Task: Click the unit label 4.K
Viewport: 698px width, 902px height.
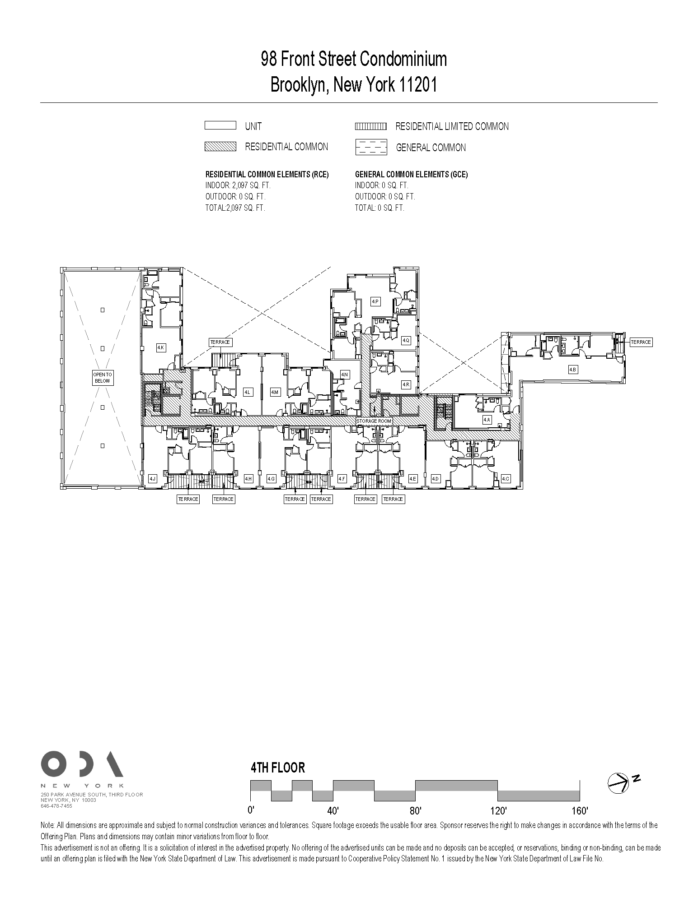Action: (161, 347)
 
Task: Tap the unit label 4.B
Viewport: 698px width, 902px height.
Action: (572, 370)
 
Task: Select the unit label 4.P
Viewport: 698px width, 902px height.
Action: (375, 301)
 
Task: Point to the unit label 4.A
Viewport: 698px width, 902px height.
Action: (487, 419)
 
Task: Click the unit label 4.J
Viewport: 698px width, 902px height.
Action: (152, 479)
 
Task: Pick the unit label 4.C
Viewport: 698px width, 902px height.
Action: (505, 479)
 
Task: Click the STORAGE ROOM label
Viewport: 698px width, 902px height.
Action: (374, 421)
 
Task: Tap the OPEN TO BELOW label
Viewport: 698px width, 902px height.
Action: (103, 378)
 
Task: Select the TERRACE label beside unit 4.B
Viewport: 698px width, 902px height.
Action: (641, 342)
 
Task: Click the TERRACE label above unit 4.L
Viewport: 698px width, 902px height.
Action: (220, 342)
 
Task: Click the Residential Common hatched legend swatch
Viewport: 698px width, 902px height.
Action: (220, 147)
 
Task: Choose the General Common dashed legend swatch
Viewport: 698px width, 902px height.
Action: (371, 147)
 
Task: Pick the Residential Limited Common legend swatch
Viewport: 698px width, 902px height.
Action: (371, 126)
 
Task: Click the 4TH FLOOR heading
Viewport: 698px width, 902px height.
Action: (278, 768)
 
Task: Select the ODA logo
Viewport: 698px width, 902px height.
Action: (82, 764)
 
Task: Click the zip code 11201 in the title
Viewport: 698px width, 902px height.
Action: (417, 84)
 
